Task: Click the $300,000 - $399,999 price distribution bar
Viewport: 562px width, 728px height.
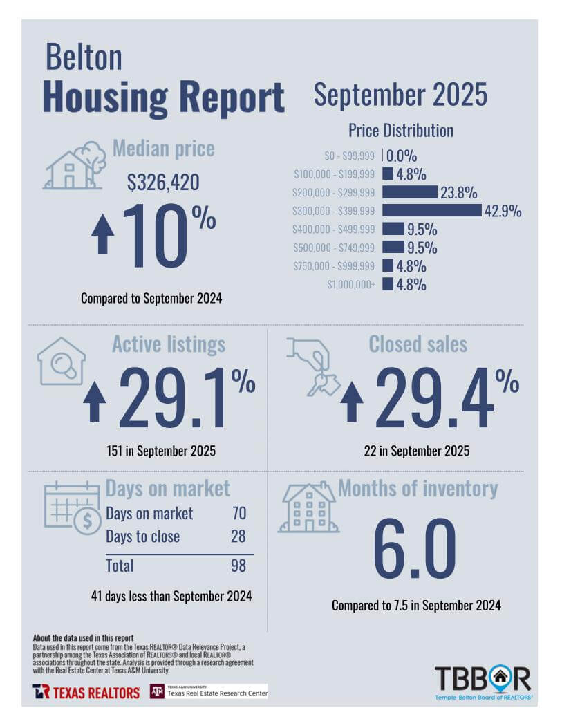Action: (431, 210)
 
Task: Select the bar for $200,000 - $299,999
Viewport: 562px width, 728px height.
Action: (409, 192)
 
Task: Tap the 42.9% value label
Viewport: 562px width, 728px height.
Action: (503, 211)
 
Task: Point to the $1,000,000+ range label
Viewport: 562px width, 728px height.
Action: (352, 284)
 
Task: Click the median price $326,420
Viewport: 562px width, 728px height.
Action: (163, 182)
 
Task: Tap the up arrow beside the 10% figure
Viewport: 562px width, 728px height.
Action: (103, 234)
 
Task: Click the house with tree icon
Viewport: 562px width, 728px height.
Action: (75, 166)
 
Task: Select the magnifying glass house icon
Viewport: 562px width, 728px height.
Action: (61, 361)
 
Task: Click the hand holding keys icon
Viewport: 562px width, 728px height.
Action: (313, 367)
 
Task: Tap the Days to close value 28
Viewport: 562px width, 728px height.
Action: (237, 536)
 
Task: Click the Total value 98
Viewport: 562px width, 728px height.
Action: (237, 566)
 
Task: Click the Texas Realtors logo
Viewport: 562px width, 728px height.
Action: (86, 691)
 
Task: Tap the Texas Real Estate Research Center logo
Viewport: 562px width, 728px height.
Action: (209, 691)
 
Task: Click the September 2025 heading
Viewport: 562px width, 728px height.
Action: (400, 95)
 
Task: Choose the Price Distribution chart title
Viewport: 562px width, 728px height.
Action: (400, 130)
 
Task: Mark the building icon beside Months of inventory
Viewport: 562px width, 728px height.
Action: (308, 508)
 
